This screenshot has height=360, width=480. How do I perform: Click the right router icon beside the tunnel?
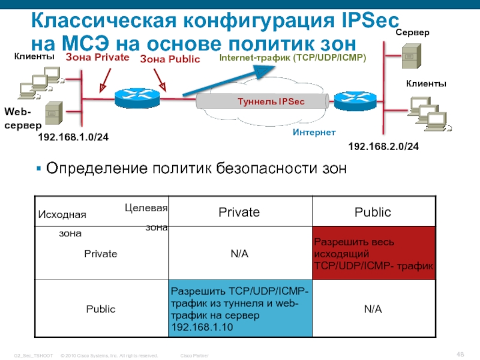(x=350, y=101)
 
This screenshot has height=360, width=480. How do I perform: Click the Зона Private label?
(x=97, y=57)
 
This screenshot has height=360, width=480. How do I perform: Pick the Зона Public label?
(x=170, y=59)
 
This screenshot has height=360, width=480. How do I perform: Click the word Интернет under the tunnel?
(x=314, y=132)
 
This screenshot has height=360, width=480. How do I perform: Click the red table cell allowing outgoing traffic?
(x=373, y=254)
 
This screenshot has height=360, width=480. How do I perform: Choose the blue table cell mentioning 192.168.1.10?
(x=240, y=308)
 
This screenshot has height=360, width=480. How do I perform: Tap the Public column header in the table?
(x=373, y=212)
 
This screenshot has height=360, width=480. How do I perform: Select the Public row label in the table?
(x=101, y=308)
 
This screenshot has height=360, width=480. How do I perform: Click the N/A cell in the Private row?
(x=239, y=254)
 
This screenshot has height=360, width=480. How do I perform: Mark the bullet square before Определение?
(x=39, y=169)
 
